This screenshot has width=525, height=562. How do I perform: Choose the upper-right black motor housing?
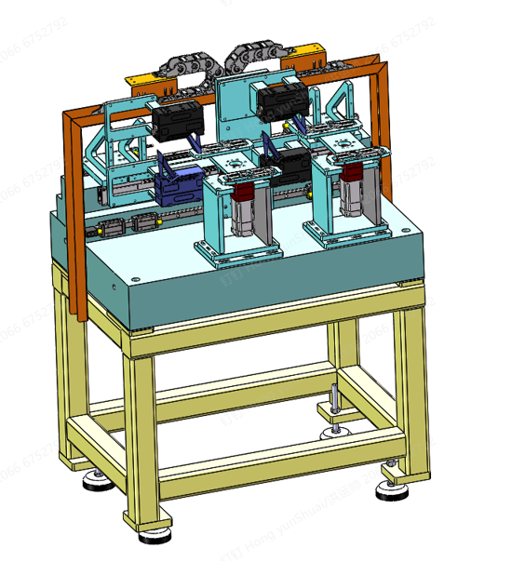280,99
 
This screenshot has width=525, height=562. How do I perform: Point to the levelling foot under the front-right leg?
393,491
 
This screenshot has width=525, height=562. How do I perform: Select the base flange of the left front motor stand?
236,254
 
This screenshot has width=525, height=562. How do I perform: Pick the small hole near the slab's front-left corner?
135,277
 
